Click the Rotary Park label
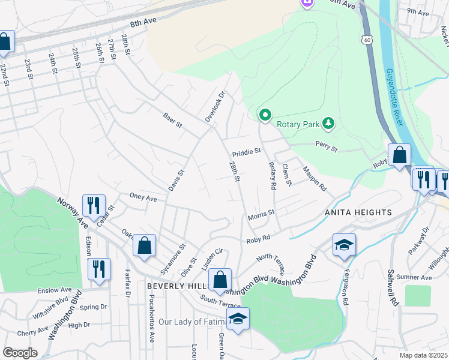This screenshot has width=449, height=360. point(297,125)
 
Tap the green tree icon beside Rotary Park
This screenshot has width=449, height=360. point(328,124)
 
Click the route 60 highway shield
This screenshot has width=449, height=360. point(366,39)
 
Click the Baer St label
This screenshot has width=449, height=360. point(172,119)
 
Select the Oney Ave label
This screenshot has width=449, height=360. point(143,197)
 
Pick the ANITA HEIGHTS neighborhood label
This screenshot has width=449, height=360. point(358,212)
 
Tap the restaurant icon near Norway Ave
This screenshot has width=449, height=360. point(93,205)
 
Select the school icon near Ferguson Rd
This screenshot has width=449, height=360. point(345,244)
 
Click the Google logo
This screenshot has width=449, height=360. point(20,353)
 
